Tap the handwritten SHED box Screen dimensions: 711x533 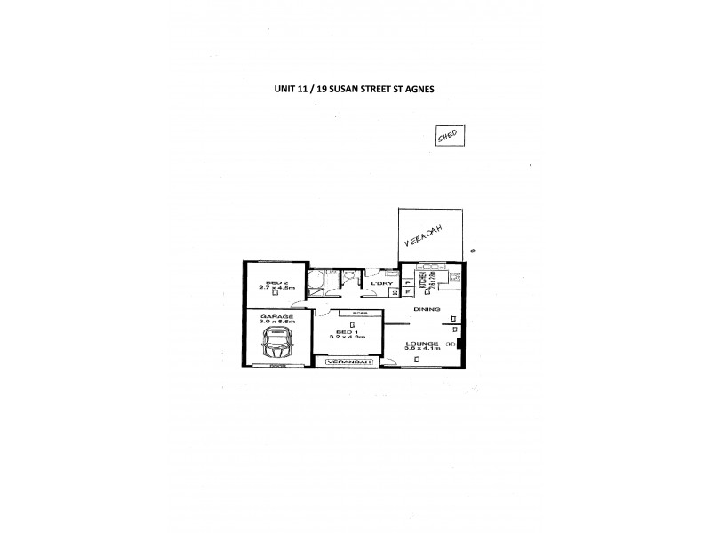(x=447, y=136)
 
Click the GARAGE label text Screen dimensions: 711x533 (x=271, y=315)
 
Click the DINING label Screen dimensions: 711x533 (x=427, y=309)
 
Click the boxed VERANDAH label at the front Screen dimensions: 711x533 (x=348, y=362)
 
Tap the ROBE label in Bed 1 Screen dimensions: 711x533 (x=360, y=313)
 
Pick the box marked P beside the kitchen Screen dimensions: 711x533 (x=407, y=282)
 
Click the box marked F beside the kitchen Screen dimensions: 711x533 (x=407, y=290)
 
